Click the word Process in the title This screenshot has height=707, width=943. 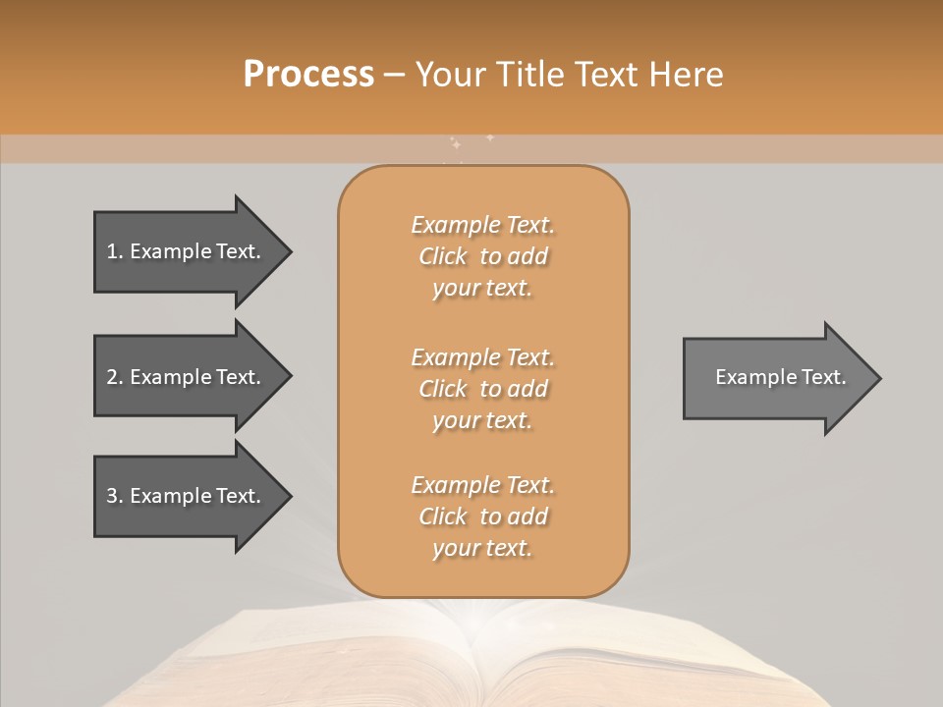pyautogui.click(x=308, y=75)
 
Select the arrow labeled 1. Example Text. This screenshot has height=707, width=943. pyautogui.click(x=187, y=251)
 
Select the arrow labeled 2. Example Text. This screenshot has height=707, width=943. pyautogui.click(x=187, y=377)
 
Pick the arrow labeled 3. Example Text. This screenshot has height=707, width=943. pyautogui.click(x=187, y=496)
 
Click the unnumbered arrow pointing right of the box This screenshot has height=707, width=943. pyautogui.click(x=776, y=377)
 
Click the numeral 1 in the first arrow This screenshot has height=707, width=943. pyautogui.click(x=112, y=252)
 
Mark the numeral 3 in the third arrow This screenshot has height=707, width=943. pyautogui.click(x=112, y=497)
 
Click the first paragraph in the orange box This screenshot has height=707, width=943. pyautogui.click(x=482, y=256)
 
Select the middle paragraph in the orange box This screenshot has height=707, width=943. pyautogui.click(x=482, y=389)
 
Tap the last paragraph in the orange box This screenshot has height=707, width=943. pyautogui.click(x=482, y=517)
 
